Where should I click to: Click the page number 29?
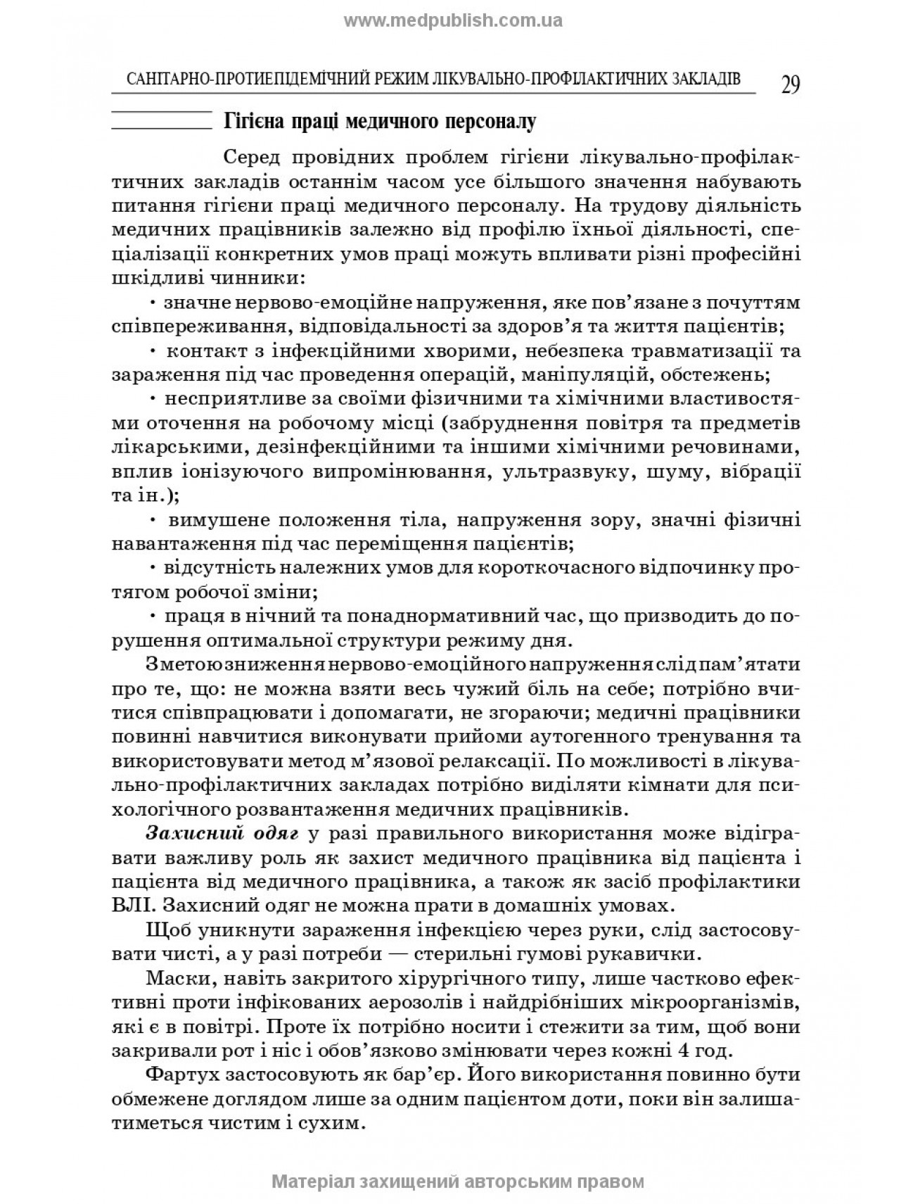[x=790, y=84]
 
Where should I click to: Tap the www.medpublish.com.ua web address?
[x=453, y=20]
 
